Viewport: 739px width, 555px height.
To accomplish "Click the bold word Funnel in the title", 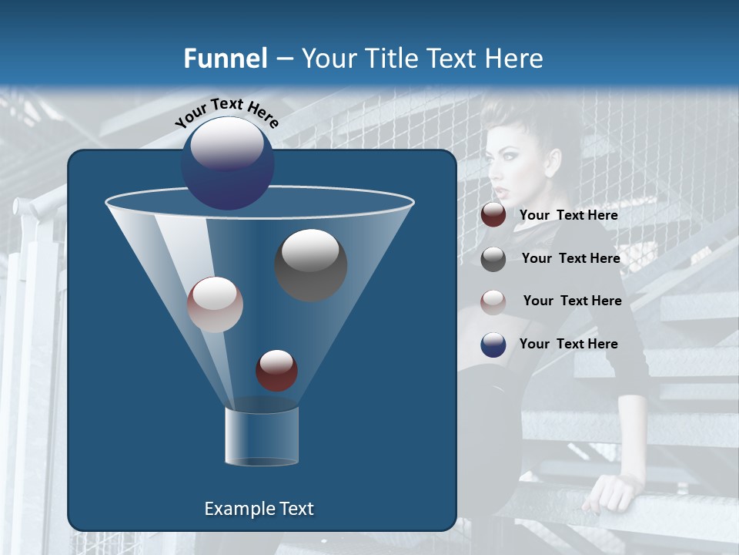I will point(225,59).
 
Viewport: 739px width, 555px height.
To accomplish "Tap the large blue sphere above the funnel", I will point(227,163).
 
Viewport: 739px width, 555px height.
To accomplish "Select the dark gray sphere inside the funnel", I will point(311,264).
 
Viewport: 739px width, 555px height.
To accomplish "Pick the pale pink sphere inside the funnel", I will point(216,304).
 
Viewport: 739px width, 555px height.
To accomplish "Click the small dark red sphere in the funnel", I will point(276,370).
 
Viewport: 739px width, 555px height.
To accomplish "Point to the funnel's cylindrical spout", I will point(262,436).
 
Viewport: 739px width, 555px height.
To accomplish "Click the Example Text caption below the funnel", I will point(259,509).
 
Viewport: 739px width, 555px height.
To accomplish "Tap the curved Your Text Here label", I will point(226,113).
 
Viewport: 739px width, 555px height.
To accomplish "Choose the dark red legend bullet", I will point(493,215).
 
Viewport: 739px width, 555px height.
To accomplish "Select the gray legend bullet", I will point(493,259).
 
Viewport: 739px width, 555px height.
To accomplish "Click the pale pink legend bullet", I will point(493,301).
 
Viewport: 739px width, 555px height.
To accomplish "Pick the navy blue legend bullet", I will point(493,345).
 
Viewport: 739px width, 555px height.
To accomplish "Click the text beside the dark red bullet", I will point(569,216).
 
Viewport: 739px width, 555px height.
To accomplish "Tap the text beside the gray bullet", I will point(570,258).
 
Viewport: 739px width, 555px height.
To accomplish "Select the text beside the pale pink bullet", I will point(572,301).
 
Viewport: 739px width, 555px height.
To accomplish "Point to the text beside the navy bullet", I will point(569,344).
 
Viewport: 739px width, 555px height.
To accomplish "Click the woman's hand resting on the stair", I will point(608,491).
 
